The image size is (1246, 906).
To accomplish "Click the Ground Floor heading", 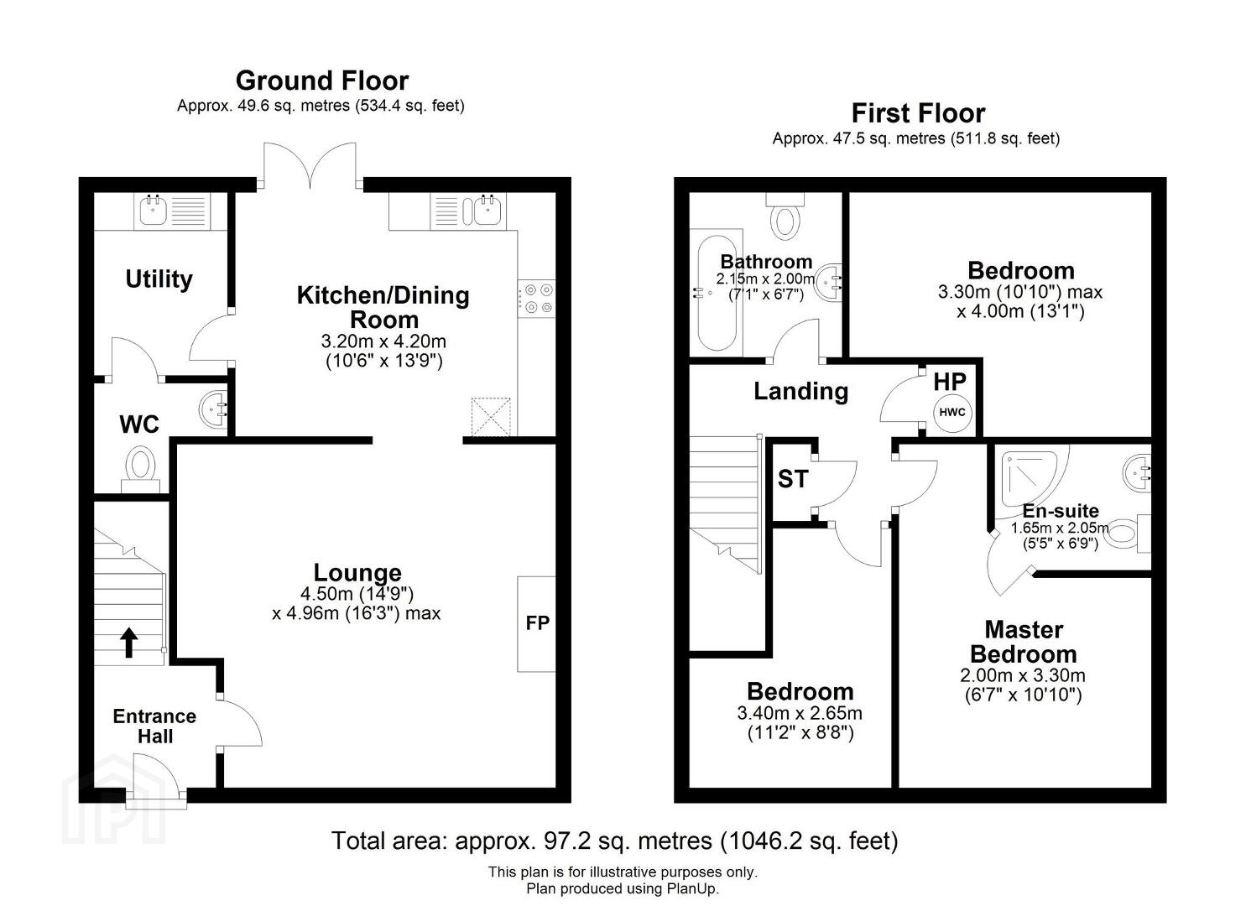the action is click(x=322, y=81).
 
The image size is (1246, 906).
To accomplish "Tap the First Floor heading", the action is click(x=919, y=113).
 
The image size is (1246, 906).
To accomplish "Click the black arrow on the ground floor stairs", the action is click(x=129, y=643).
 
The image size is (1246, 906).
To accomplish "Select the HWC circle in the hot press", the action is click(x=952, y=412).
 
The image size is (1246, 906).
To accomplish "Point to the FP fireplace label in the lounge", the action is click(x=537, y=623).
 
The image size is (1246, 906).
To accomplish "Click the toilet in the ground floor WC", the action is click(x=140, y=470).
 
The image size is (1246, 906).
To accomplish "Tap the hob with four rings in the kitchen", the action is click(x=536, y=298).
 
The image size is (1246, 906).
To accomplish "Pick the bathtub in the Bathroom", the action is click(x=717, y=293).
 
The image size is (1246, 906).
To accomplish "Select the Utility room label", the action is click(x=159, y=279).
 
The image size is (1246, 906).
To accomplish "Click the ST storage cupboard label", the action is click(x=793, y=479).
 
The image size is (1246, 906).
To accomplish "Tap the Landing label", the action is click(x=801, y=392).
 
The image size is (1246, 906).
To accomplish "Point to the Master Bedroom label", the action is click(x=1024, y=642).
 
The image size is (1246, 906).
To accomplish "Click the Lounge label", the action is click(x=357, y=572).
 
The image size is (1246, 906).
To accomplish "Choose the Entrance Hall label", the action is click(x=154, y=726).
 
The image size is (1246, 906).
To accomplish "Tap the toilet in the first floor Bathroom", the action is click(x=785, y=217).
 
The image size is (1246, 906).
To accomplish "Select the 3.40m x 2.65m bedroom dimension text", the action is click(x=800, y=712).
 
